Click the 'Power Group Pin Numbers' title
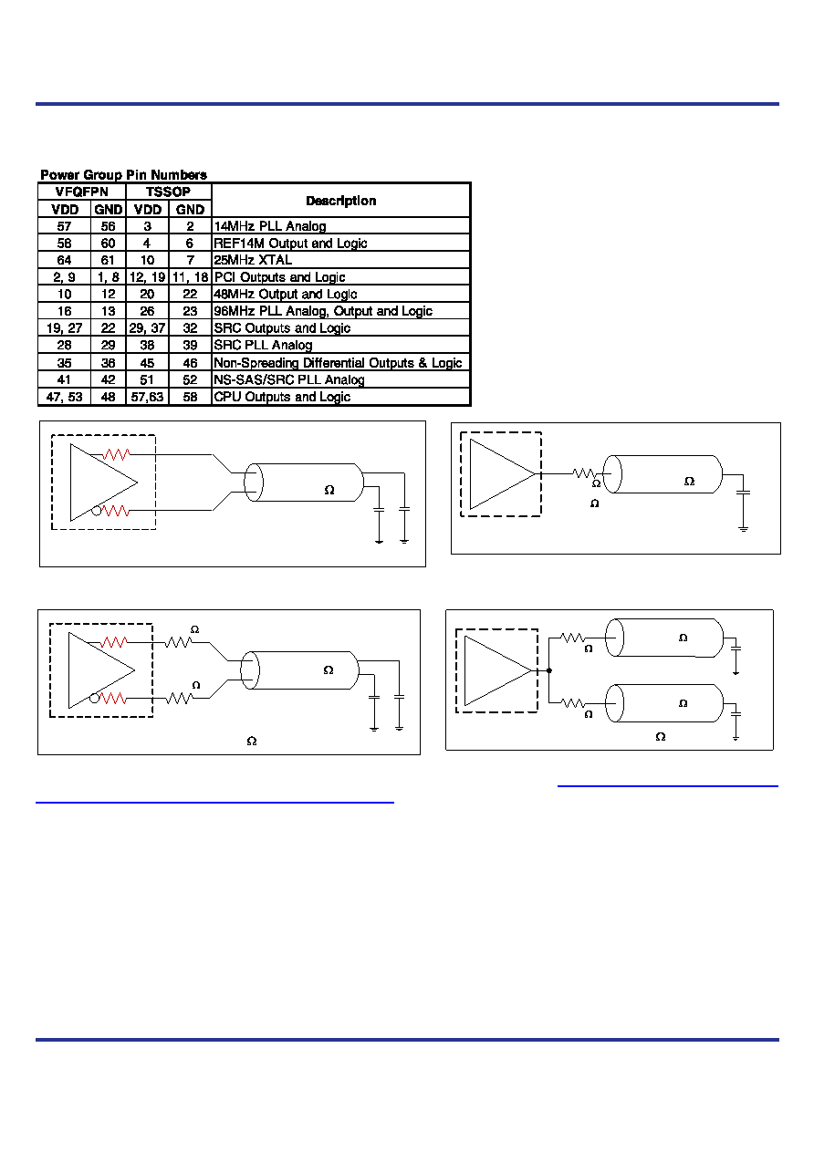123,175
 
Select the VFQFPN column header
82,192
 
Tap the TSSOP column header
168,192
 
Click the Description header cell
340,201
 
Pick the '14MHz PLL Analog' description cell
270,226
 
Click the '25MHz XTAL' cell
253,260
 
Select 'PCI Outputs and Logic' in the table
279,277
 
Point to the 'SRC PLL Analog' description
263,345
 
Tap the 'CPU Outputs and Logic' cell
282,397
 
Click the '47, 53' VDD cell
64,397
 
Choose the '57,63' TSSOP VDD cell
147,397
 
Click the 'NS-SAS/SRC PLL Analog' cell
289,380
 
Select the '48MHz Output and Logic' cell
286,295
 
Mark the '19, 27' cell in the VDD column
64,328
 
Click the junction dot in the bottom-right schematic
549,670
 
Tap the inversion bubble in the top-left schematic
96,511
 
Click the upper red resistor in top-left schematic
116,454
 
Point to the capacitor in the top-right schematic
743,493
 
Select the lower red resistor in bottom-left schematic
113,699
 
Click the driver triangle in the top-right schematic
502,474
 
